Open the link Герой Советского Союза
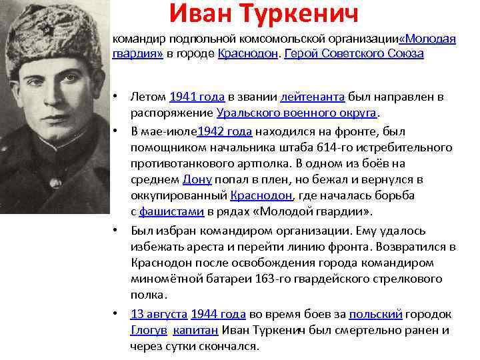pyautogui.click(x=353, y=53)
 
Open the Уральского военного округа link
pyautogui.click(x=297, y=113)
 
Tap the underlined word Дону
pyautogui.click(x=197, y=179)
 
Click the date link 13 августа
pyautogui.click(x=159, y=314)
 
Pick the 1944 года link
pyautogui.click(x=219, y=314)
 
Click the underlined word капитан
pyautogui.click(x=195, y=331)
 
